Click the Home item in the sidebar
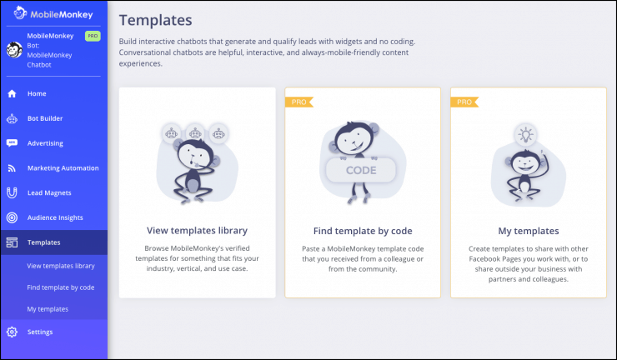pos(37,93)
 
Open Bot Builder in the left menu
pos(45,118)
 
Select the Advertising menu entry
pos(45,143)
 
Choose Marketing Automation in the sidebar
pos(63,168)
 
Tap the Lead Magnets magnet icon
pos(12,192)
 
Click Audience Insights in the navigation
pos(55,217)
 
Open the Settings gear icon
pos(12,332)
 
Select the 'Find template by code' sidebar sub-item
pos(61,287)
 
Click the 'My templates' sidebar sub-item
pos(48,309)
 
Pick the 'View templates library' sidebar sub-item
pos(61,266)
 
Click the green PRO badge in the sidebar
pos(93,36)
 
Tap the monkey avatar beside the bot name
pos(14,50)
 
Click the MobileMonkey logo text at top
pos(62,14)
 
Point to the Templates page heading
pos(155,20)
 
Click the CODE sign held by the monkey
pos(361,170)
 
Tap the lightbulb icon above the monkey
pos(526,134)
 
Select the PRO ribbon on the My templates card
pos(464,102)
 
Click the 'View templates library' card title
pos(197,231)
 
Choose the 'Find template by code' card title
pos(363,231)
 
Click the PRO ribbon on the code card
pos(299,102)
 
